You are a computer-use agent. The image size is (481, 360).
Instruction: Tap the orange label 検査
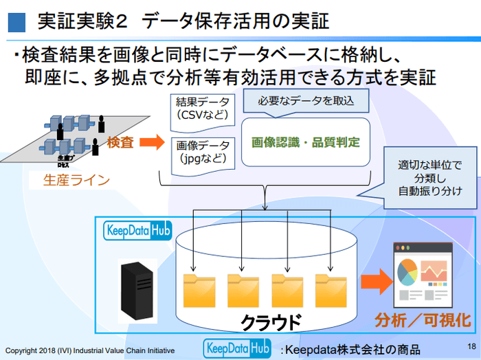pyautogui.click(x=121, y=142)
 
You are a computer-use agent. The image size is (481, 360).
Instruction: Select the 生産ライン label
pyautogui.click(x=76, y=181)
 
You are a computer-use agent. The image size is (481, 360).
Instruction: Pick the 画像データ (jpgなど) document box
pyautogui.click(x=202, y=152)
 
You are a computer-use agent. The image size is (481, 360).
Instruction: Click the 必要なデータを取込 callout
pyautogui.click(x=305, y=101)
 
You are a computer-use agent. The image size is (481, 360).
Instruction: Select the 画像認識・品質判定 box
pyautogui.click(x=306, y=143)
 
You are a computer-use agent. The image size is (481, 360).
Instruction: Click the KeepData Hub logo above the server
pyautogui.click(x=137, y=229)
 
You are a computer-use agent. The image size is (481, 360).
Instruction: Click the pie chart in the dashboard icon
pyautogui.click(x=406, y=270)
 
